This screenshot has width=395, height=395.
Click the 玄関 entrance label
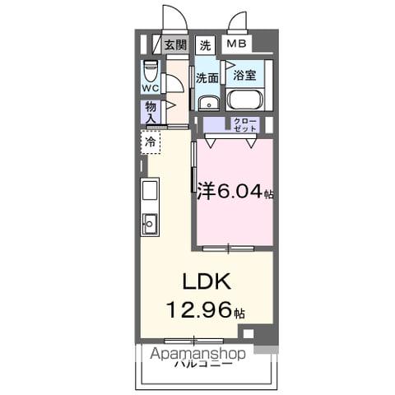[174, 45]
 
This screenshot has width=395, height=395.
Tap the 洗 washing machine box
[205, 45]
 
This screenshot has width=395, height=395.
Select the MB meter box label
[236, 45]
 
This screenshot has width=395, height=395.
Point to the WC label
[150, 87]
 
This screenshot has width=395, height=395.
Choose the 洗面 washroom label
[207, 78]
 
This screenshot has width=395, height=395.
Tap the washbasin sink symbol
[208, 102]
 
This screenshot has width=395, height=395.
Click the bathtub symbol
[244, 100]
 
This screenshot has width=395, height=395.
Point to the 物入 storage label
[151, 112]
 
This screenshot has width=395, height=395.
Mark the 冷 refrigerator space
[151, 142]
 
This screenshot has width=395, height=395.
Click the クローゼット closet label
[244, 125]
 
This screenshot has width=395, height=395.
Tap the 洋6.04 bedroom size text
[235, 193]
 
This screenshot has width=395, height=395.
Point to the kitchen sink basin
[150, 222]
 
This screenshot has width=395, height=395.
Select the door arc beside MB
[238, 21]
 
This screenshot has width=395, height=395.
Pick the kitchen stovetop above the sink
[150, 192]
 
